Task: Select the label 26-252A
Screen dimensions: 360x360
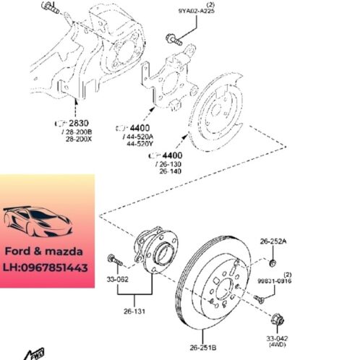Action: (x=273, y=241)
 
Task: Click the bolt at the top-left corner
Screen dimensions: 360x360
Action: (x=50, y=8)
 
